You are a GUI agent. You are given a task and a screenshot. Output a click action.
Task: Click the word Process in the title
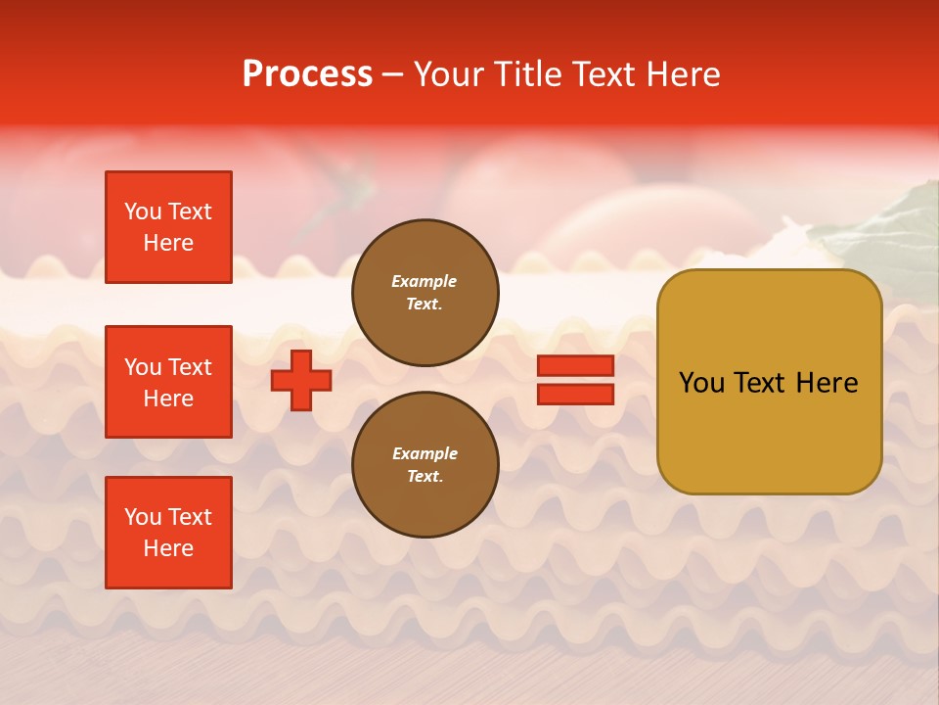pos(307,74)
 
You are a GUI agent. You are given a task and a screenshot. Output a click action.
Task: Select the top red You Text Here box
pos(168,227)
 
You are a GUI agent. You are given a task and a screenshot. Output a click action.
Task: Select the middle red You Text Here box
pos(168,382)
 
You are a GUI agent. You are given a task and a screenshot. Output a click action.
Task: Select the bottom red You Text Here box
pos(168,533)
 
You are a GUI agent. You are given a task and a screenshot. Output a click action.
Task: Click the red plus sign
pos(301,380)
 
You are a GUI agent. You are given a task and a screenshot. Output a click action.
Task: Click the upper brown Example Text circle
pos(425,293)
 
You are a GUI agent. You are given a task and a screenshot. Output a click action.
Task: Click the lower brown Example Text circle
pos(425,464)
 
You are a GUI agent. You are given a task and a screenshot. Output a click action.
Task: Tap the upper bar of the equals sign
pos(575,365)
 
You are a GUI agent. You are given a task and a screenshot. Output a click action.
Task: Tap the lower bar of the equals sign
pos(575,394)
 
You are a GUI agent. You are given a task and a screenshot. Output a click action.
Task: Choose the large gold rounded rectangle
pos(769,431)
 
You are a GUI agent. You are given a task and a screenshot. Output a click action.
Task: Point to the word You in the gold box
pos(701,383)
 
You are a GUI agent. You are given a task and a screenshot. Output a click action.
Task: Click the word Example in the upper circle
pos(425,281)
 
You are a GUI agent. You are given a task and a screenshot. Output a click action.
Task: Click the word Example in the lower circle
pos(425,453)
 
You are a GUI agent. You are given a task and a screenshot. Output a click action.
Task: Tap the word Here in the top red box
pos(168,243)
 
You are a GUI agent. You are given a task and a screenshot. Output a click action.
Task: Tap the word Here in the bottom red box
pos(168,548)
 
